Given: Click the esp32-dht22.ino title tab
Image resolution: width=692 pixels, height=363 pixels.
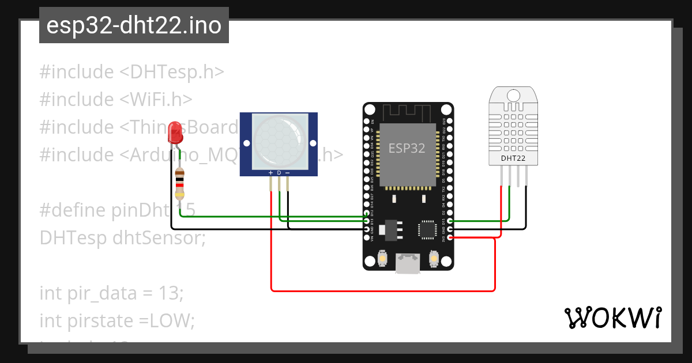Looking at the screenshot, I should [x=134, y=26].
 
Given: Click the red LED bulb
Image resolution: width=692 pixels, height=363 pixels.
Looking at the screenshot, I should [x=175, y=133].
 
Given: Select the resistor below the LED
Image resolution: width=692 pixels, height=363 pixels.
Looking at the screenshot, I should [x=180, y=183].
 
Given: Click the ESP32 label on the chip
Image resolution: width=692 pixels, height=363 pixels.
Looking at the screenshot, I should [x=407, y=148].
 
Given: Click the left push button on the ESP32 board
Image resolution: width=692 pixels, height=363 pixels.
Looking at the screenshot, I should [x=382, y=259].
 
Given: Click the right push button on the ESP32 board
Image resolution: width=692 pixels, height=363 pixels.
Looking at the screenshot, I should [x=434, y=259].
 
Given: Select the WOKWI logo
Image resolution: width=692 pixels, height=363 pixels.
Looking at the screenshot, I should [x=612, y=317].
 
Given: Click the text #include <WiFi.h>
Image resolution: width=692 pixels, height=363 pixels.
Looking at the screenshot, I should [x=116, y=99].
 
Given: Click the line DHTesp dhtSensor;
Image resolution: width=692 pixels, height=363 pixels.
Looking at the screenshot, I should [x=122, y=237].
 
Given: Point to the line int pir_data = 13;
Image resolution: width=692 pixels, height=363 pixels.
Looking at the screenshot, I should [x=111, y=293].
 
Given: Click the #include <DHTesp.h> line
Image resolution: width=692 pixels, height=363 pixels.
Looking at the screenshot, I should [x=131, y=72].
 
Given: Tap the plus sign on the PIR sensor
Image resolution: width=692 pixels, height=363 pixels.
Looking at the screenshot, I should [x=270, y=173].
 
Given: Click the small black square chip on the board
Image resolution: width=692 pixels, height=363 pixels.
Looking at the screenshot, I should [x=427, y=229].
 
